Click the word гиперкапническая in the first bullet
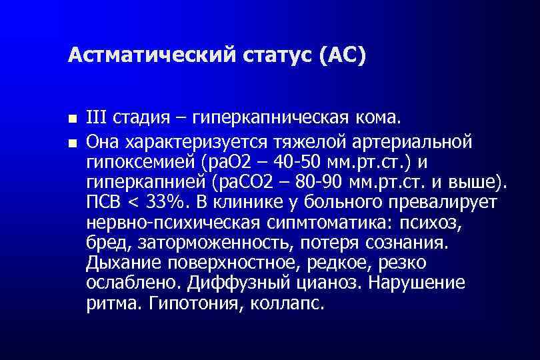point(274,119)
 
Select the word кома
point(381,118)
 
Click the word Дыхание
point(121,262)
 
